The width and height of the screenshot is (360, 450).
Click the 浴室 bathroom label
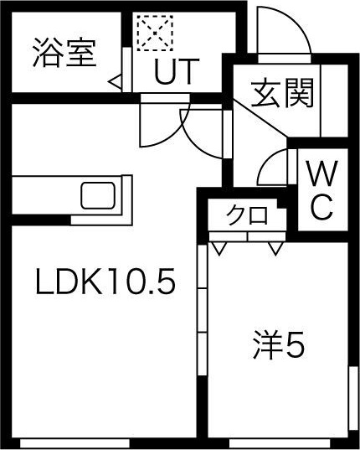click(64, 53)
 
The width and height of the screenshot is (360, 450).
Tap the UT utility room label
click(177, 71)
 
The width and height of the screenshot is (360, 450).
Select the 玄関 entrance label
click(282, 93)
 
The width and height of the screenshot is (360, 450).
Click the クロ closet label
click(247, 215)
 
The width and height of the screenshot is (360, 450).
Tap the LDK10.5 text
click(105, 282)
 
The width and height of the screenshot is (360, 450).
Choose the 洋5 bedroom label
click(278, 345)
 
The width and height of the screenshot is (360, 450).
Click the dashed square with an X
click(155, 34)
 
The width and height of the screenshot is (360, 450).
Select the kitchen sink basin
click(98, 195)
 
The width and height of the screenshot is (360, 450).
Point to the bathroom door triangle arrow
click(116, 83)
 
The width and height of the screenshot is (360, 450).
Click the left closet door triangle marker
click(219, 248)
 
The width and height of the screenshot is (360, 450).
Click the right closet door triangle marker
click(275, 248)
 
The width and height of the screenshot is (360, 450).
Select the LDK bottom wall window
click(75, 442)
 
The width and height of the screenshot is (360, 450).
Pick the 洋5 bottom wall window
click(281, 442)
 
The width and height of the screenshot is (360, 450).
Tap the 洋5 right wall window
click(352, 398)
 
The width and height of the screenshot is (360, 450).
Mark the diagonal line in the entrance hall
click(260, 117)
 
